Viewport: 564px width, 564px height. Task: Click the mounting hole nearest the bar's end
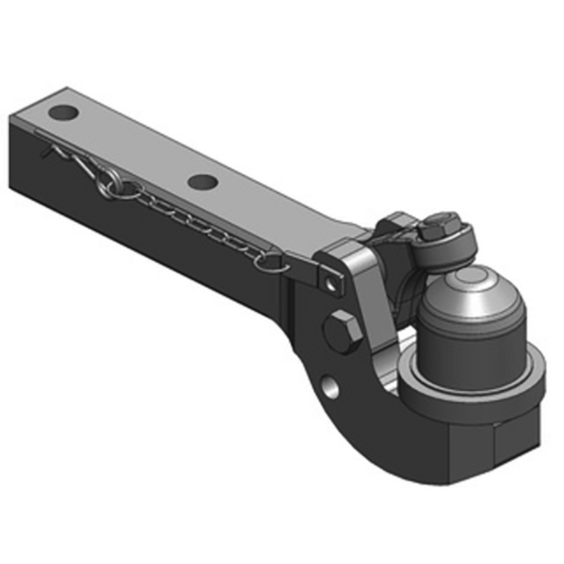[64, 113]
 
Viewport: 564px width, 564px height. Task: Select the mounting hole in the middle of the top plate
[202, 182]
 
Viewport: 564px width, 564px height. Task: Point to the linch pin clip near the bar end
[67, 158]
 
